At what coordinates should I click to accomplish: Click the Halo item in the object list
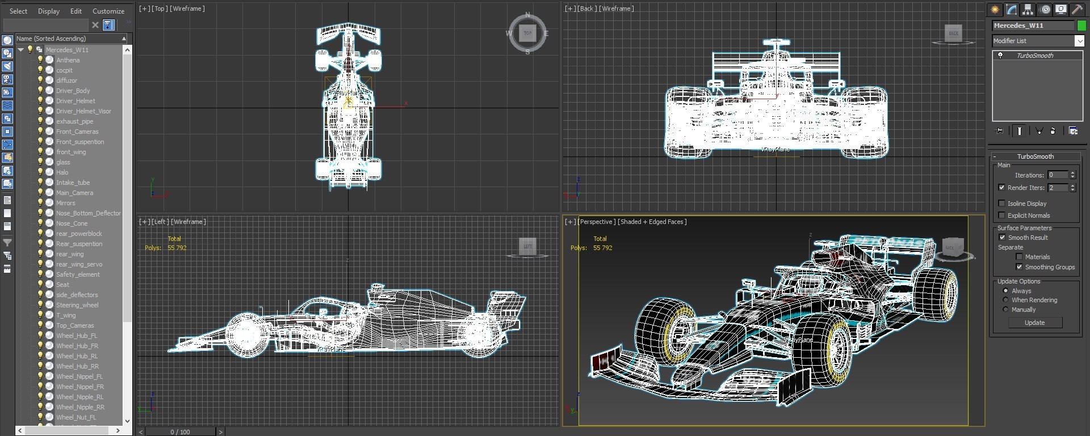pyautogui.click(x=62, y=172)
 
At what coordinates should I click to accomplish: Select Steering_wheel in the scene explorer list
pyautogui.click(x=77, y=305)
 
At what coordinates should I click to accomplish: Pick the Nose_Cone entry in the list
pyautogui.click(x=72, y=223)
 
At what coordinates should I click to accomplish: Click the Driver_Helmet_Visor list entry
pyautogui.click(x=83, y=111)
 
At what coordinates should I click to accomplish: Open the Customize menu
pyautogui.click(x=108, y=11)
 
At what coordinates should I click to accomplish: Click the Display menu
pyautogui.click(x=48, y=11)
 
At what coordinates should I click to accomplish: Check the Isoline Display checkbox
pyautogui.click(x=1001, y=203)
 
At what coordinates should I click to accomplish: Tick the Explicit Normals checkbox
pyautogui.click(x=1001, y=215)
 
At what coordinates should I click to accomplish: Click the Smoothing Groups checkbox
pyautogui.click(x=1019, y=266)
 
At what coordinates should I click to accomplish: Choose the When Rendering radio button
pyautogui.click(x=1005, y=300)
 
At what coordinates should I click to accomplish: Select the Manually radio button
pyautogui.click(x=1005, y=310)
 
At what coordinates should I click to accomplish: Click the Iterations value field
pyautogui.click(x=1058, y=175)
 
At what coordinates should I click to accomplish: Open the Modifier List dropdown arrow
pyautogui.click(x=1079, y=41)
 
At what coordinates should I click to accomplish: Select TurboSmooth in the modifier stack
pyautogui.click(x=1034, y=56)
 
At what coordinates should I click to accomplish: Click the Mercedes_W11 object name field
pyautogui.click(x=1033, y=26)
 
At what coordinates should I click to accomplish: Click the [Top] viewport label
pyautogui.click(x=159, y=9)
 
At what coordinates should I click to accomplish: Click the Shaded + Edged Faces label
pyautogui.click(x=653, y=222)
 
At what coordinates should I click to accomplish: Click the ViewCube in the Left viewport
pyautogui.click(x=527, y=246)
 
